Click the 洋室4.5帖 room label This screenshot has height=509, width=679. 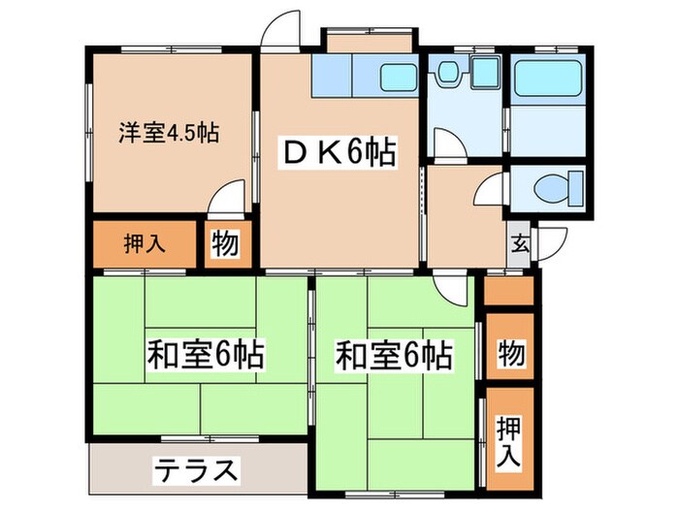[168, 133]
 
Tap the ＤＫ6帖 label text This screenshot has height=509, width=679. [339, 154]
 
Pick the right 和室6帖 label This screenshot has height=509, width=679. [394, 356]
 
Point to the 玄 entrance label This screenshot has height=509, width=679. [520, 243]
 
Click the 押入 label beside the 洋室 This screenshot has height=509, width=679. [144, 243]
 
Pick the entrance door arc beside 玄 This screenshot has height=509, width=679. [553, 241]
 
